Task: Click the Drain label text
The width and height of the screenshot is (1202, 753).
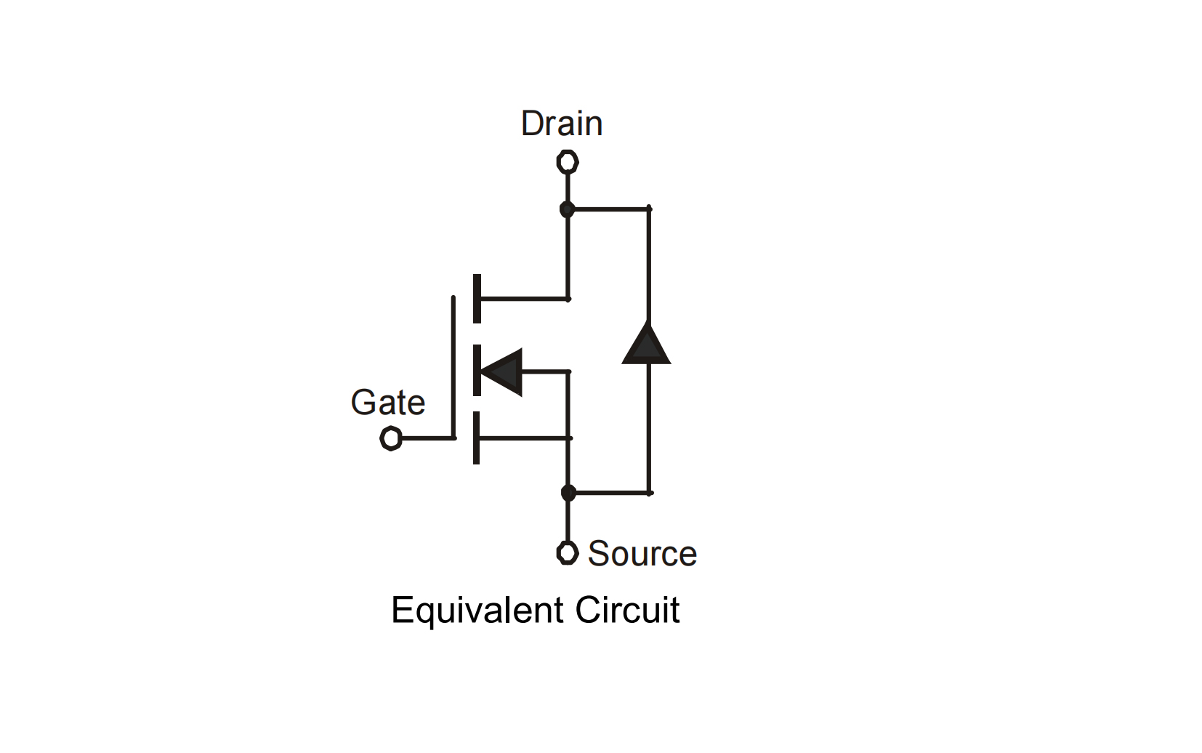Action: [562, 124]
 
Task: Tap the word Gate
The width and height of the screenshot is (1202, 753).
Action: [387, 403]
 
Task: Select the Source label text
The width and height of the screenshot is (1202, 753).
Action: [642, 554]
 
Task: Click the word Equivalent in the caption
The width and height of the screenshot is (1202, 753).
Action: [477, 610]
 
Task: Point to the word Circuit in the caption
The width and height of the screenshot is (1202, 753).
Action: [627, 610]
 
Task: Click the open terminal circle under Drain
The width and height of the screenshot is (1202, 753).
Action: [568, 161]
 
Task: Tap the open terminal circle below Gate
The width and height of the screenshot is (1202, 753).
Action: [391, 438]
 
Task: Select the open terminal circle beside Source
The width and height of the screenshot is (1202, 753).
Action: [568, 552]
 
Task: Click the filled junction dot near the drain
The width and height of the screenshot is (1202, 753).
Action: [568, 209]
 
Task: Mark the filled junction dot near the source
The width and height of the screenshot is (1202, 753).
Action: [568, 493]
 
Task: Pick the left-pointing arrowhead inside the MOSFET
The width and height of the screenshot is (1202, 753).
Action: [503, 371]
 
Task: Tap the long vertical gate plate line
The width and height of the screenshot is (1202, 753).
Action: [453, 367]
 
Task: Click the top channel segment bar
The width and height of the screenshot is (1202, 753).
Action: [477, 298]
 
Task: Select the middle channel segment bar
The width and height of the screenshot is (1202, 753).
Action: [477, 370]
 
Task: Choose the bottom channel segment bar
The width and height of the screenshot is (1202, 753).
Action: [477, 438]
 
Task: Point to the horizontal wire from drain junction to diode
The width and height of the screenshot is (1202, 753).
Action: [609, 209]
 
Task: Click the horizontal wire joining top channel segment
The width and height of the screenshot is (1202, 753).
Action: [523, 298]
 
